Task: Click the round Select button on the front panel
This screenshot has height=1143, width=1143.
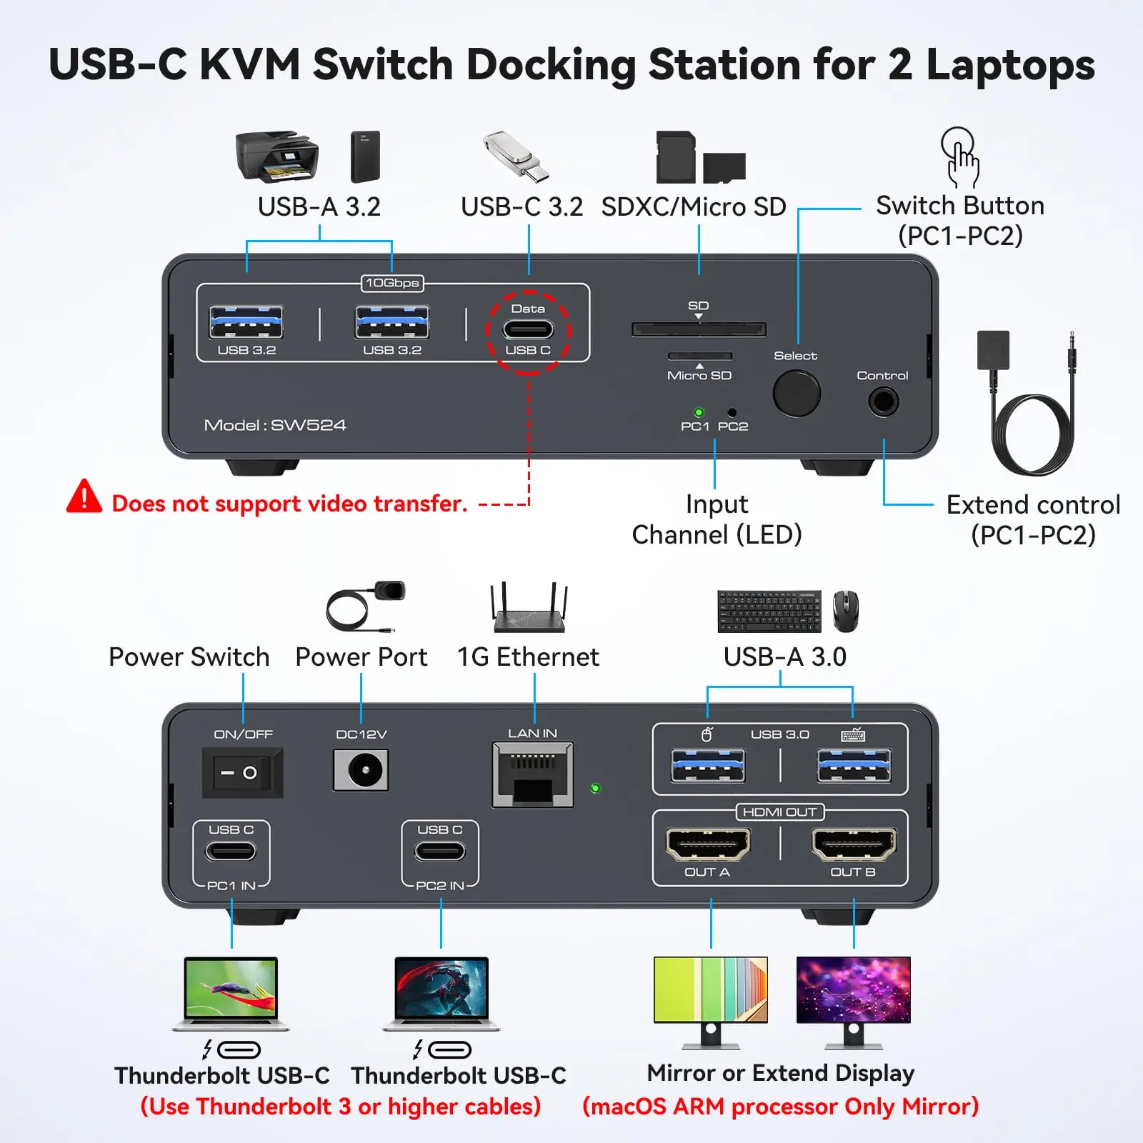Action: point(797,394)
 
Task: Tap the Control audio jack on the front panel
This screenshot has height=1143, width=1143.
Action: point(884,401)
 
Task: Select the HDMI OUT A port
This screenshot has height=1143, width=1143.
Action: point(708,844)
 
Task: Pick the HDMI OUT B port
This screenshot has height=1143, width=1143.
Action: point(854,844)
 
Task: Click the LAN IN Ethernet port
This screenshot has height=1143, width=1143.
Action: point(532,775)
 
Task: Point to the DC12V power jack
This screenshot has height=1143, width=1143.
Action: point(361,770)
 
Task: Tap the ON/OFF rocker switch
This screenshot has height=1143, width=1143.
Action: point(243,772)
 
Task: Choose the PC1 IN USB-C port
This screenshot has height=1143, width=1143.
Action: point(231,852)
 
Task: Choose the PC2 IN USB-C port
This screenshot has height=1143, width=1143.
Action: point(440,852)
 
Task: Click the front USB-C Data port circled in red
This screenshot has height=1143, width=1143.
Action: point(528,330)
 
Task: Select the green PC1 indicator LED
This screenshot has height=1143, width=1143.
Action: point(699,412)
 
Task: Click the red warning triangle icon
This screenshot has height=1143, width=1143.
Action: point(84,496)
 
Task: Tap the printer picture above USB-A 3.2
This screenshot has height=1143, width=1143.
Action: point(277,156)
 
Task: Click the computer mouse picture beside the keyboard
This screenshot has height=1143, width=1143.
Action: point(846,611)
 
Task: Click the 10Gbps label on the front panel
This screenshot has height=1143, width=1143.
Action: point(392,283)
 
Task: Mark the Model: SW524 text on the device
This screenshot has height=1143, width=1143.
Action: point(275,425)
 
